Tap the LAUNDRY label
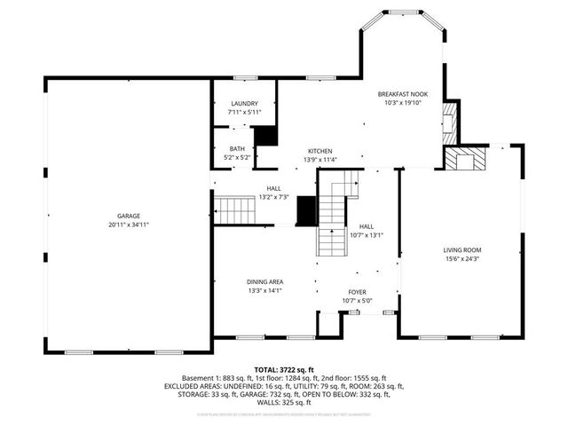coord(243,104)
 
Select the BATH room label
coord(237,148)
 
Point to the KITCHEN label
coord(320,151)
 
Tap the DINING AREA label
coord(264,282)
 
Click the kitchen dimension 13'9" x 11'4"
coord(320,160)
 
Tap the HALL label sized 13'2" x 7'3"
coord(274,188)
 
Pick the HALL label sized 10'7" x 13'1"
coord(367,226)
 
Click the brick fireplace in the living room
coord(466,161)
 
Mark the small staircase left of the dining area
coord(236,211)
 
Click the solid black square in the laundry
coord(264,136)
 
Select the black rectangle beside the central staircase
coord(306,211)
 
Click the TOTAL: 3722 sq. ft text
coord(283,369)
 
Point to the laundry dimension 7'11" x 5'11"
coord(243,113)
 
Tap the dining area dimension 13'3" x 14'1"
coord(264,290)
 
